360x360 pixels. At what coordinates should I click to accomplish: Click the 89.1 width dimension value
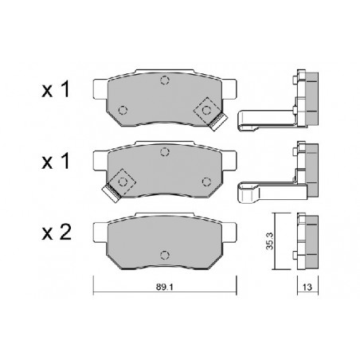(x=164, y=287)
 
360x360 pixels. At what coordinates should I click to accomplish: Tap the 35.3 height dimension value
(x=269, y=241)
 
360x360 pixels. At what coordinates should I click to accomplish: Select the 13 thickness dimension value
(x=307, y=287)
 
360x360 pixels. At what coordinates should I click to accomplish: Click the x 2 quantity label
(x=57, y=233)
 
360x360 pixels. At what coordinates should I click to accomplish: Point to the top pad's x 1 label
(x=56, y=89)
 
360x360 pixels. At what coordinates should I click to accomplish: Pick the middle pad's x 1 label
(x=56, y=161)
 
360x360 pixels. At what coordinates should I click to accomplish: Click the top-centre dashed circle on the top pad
(x=165, y=80)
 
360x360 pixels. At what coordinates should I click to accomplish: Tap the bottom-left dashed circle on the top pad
(x=123, y=110)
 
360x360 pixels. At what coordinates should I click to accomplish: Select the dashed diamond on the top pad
(x=207, y=110)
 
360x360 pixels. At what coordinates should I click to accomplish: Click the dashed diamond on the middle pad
(x=123, y=182)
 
